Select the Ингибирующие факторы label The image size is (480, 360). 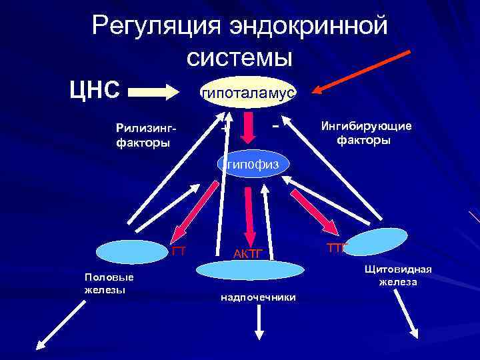(366, 133)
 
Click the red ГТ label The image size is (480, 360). (178, 251)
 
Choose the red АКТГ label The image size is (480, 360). (249, 254)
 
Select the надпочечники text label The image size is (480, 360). (258, 297)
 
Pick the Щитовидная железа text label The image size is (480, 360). (398, 275)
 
